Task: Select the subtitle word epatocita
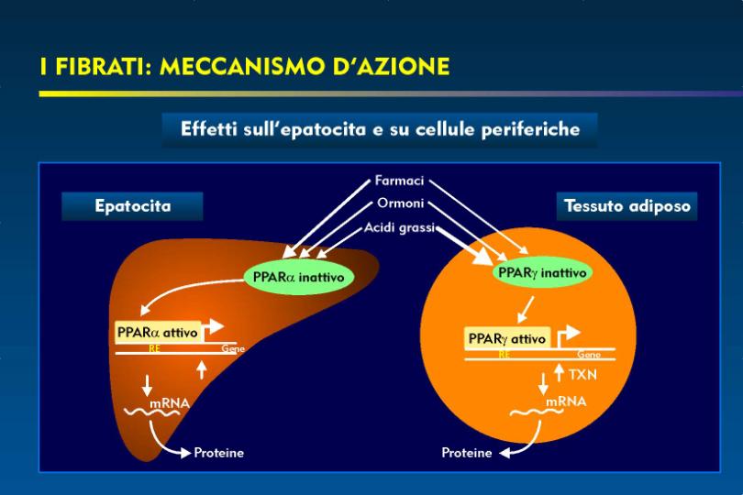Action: (323, 130)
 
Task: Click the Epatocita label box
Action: (132, 206)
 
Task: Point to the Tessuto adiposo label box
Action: (627, 206)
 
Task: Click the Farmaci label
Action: (399, 181)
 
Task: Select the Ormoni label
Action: (401, 203)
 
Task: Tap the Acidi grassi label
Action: (399, 228)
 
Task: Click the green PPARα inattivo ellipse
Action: (298, 277)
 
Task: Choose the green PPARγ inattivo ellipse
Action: (542, 273)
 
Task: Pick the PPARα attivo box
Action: (158, 333)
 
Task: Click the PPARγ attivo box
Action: (507, 338)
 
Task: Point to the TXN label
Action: (582, 375)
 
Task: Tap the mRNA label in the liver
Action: (170, 403)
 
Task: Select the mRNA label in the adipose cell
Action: (566, 401)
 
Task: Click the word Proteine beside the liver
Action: (219, 453)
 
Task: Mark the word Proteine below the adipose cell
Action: (467, 453)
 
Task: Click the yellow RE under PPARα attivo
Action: (154, 348)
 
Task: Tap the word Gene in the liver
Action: (233, 348)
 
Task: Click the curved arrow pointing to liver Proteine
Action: (159, 443)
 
